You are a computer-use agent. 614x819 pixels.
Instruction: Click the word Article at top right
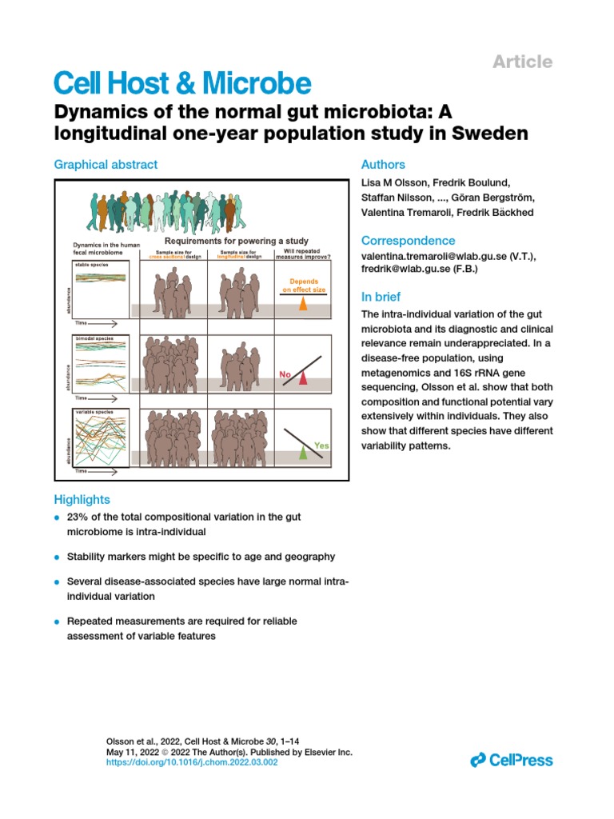[521, 62]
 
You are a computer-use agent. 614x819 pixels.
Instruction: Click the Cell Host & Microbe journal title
[181, 84]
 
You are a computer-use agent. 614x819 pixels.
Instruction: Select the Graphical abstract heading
[106, 164]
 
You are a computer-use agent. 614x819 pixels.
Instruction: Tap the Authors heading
[383, 164]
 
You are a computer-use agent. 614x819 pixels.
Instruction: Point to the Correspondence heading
[409, 241]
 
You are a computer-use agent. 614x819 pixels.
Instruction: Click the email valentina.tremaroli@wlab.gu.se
[432, 255]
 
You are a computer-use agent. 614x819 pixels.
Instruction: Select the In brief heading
[381, 296]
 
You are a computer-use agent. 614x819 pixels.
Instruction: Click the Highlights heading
[82, 499]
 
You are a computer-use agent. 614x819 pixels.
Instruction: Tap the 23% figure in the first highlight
[78, 517]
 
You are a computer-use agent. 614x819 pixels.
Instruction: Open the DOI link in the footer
[192, 763]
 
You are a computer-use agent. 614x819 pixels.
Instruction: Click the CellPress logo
[512, 759]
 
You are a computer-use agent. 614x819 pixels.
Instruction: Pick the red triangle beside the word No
[303, 378]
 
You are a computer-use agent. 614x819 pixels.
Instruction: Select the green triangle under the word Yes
[302, 453]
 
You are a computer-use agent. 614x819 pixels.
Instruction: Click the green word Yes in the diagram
[322, 445]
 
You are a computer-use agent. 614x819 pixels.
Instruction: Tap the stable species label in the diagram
[92, 263]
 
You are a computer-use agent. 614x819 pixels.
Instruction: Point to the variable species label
[94, 411]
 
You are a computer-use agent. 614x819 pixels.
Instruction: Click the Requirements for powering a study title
[236, 241]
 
